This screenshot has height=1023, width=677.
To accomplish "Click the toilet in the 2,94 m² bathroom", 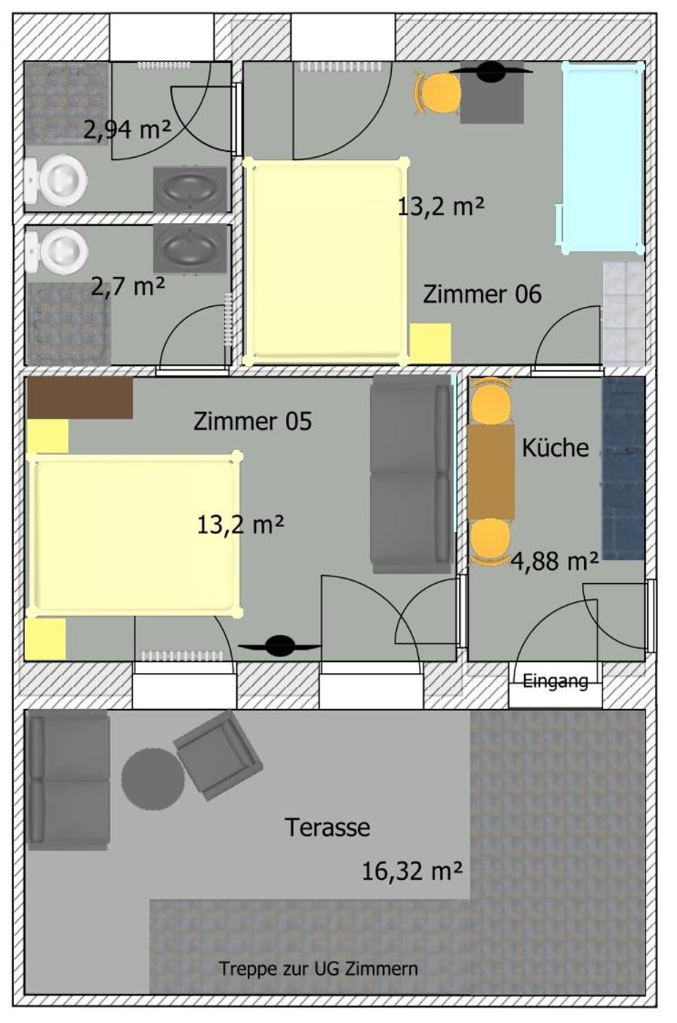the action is coord(56,179).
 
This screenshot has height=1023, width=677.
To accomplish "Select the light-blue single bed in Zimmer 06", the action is coord(602,158).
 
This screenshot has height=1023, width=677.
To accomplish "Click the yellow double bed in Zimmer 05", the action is coord(134,534).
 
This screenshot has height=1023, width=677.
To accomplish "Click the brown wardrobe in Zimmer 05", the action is coord(79,398).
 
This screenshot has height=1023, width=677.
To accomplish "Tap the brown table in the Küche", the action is coord(491,472).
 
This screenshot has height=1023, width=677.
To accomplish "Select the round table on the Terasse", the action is coord(153,779).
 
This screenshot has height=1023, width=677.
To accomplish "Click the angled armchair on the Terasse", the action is coord(218,755).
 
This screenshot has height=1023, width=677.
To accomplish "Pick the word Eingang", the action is coord(556,681).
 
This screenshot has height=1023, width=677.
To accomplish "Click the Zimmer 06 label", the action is coord(482,294).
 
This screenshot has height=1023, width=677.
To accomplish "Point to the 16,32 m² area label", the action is coord(413,870).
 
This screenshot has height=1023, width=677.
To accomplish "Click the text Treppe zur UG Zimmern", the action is coord(319,968).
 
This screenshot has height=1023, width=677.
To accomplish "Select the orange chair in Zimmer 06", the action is coord(437,93).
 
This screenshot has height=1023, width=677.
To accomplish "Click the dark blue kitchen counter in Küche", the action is coord(623,468).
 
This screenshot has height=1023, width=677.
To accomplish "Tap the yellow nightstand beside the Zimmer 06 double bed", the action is coord(430,343).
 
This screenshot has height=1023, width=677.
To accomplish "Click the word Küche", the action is coord(556,447).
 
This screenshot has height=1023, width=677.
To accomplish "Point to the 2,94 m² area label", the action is coord(128,129).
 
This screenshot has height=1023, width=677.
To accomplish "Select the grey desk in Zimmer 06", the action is coord(492,94).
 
